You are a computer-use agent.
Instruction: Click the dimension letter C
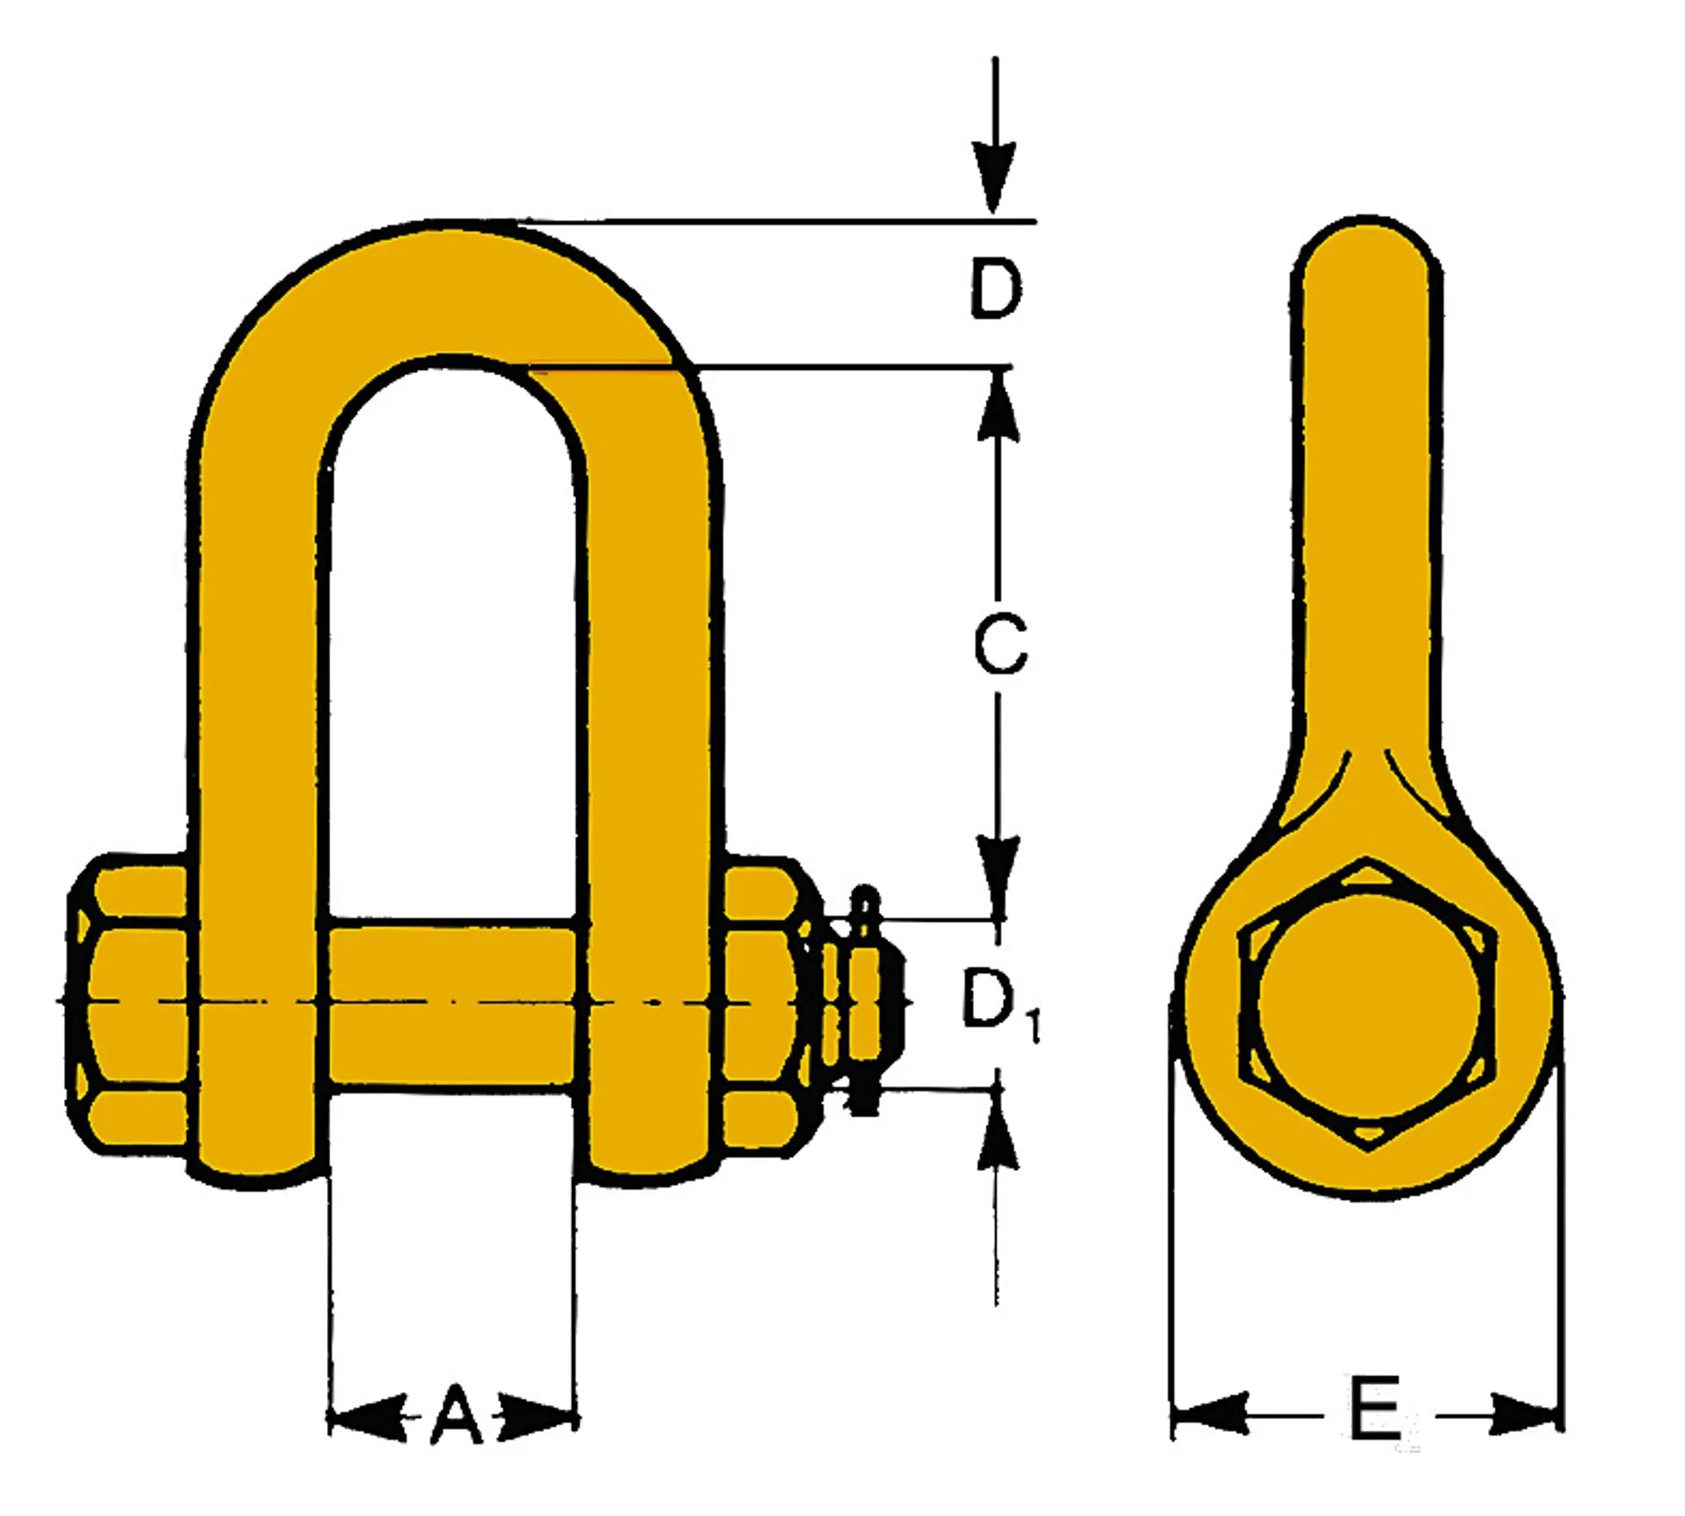(1000, 645)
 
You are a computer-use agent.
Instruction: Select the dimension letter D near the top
(996, 289)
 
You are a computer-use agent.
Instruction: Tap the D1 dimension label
(996, 1001)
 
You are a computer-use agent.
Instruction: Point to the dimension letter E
(1374, 1408)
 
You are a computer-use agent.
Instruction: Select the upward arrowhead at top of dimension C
(998, 409)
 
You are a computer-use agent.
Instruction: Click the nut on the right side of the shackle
(762, 1003)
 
